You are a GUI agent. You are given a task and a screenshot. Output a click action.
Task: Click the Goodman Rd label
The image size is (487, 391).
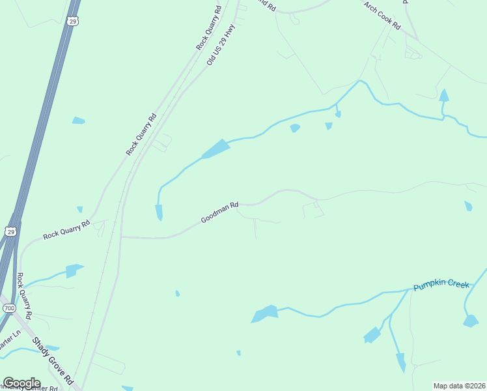(219, 213)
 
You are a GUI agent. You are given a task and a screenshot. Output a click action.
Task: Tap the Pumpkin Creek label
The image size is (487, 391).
(441, 285)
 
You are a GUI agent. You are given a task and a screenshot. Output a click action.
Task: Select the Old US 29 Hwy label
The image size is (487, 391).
(220, 44)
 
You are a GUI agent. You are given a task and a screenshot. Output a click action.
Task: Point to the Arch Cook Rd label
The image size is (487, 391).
(382, 18)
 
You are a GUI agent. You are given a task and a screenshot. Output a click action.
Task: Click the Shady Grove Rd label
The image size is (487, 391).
(53, 359)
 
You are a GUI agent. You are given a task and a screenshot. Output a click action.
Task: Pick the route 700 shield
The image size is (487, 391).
(8, 307)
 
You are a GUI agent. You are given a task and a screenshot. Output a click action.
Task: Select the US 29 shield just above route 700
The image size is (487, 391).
(10, 231)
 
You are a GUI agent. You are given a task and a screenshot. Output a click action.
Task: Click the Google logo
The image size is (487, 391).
(21, 383)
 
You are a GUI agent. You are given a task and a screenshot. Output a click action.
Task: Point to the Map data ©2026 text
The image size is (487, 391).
(460, 386)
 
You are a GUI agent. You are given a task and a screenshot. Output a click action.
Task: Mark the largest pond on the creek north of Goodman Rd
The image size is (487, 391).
(216, 149)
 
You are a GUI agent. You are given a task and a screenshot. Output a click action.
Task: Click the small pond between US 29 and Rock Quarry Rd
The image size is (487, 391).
(78, 121)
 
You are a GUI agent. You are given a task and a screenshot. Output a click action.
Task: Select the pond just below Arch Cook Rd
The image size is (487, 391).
(444, 96)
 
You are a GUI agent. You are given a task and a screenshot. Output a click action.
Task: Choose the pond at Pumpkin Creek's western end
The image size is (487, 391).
(265, 313)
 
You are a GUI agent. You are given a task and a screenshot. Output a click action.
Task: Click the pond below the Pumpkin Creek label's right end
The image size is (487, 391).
(471, 321)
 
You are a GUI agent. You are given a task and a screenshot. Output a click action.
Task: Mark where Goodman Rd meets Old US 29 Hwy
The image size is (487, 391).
(121, 237)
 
